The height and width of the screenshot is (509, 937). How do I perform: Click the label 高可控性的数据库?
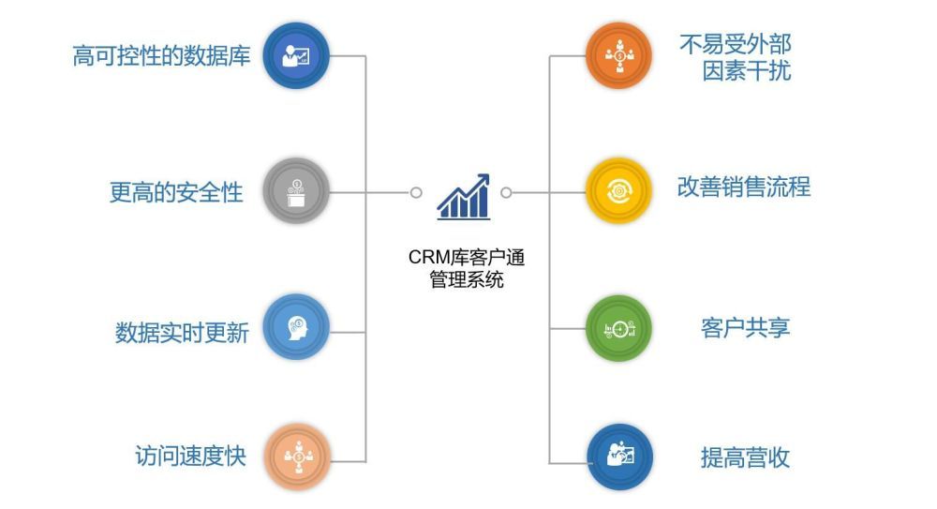(x=161, y=56)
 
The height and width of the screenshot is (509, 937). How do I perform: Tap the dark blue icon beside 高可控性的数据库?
(x=296, y=56)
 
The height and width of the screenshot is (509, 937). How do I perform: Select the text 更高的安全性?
(x=176, y=192)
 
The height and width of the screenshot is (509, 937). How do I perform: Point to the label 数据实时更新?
(x=182, y=333)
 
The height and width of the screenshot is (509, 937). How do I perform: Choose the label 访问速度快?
(x=190, y=457)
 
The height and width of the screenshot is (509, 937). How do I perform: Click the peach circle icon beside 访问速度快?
(x=296, y=457)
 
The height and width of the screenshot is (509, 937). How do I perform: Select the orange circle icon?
(x=618, y=55)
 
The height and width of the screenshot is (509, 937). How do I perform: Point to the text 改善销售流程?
(x=744, y=187)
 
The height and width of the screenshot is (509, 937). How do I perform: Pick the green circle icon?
(x=618, y=328)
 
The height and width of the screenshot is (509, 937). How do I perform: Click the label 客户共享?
(x=745, y=328)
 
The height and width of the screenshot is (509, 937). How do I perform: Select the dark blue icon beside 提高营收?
(x=618, y=457)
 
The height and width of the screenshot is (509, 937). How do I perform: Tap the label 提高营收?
(x=745, y=457)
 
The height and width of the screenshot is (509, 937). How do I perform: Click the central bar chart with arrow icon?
(x=463, y=197)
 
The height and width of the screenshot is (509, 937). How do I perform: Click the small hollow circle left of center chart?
(x=416, y=192)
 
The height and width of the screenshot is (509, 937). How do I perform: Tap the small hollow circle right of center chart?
(x=506, y=192)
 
